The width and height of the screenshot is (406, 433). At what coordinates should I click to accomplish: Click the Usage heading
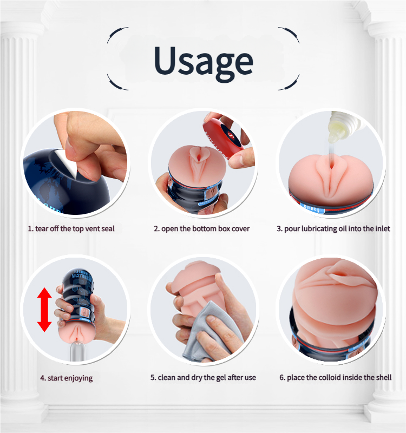[204, 62]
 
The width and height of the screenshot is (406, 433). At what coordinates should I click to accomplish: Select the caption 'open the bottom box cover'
[201, 228]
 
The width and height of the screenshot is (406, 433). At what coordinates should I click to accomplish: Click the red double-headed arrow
[44, 310]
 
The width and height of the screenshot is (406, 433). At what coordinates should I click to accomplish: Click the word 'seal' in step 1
[108, 228]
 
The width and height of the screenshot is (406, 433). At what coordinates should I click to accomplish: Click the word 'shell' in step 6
[384, 377]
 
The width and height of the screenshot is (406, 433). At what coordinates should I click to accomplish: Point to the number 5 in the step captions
[153, 377]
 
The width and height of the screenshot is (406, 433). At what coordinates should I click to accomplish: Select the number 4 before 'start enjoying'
[43, 378]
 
